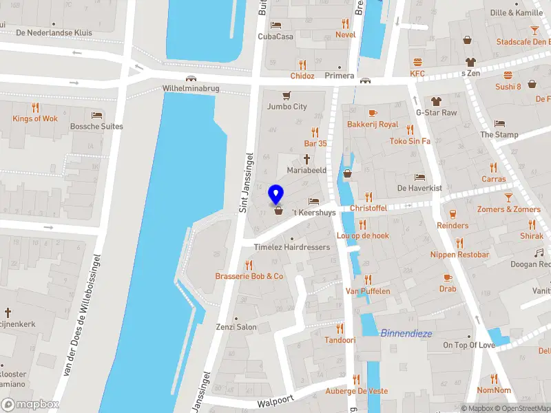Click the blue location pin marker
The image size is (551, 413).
coord(276,195)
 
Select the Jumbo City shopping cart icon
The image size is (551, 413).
coord(287,96)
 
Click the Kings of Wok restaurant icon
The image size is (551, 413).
coord(35,107)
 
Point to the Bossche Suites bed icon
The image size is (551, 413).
coord(96,115)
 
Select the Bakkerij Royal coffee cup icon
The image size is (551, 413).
coord(373,113)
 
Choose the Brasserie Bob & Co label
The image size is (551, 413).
coord(249,276)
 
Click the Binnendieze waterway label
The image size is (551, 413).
coord(406,333)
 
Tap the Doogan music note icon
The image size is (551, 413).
coord(539,253)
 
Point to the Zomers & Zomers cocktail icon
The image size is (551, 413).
coord(508,198)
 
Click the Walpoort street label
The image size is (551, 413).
coord(275,405)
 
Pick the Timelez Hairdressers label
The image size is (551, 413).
coord(292,247)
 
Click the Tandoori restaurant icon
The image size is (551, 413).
coord(340,328)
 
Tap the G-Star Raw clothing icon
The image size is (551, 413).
coord(436,101)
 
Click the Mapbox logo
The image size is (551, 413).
coord(31,405)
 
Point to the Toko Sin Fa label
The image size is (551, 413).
coord(410,141)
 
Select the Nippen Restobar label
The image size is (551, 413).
coord(459,255)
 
